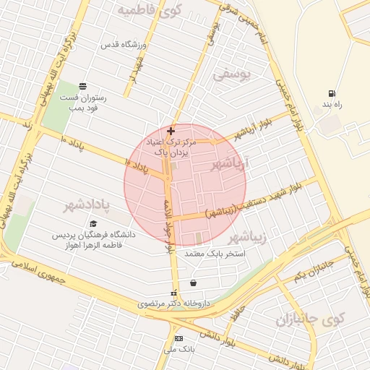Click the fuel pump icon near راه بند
332,93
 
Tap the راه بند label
332,106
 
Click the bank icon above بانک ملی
179,338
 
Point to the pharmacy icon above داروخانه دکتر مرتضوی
173,293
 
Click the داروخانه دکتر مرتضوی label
173,304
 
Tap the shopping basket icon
193,283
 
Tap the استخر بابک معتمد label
216,254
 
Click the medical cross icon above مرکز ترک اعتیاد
171,132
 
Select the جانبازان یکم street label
317,273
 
